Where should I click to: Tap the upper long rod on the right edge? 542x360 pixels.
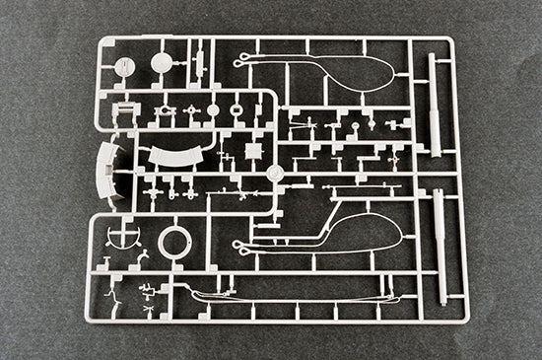pos(434,105)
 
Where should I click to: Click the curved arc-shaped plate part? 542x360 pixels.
pos(177,156)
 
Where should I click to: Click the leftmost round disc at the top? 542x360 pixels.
pos(124,66)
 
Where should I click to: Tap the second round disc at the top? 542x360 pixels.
pos(161,64)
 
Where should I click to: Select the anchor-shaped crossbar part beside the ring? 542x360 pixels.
pos(122,237)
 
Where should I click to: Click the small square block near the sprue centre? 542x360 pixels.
pos(253,151)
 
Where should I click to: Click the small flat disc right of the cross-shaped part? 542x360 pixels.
pos(213,110)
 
